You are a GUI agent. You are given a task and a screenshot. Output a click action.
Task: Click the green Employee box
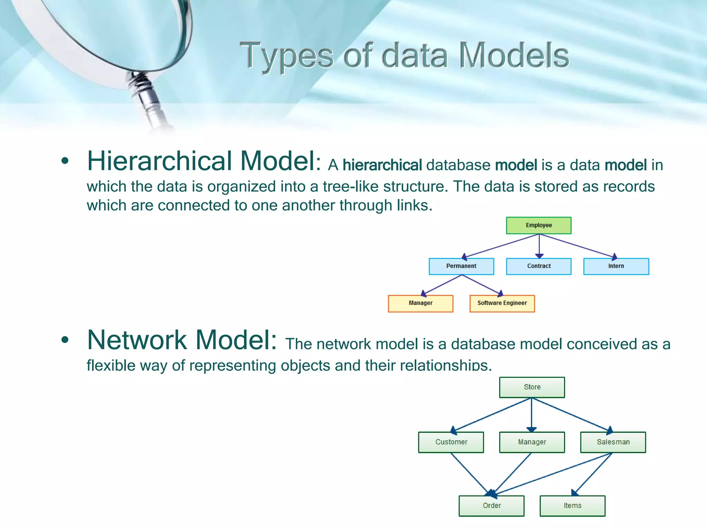[539, 225]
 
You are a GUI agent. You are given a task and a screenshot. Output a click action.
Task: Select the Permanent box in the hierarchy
[461, 266]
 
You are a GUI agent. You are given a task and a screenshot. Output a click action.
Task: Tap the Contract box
[539, 266]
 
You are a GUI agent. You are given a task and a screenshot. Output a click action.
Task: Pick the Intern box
[616, 266]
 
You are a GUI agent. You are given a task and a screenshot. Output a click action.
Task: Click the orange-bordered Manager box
[420, 303]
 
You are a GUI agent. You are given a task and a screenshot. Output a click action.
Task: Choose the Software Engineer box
[502, 303]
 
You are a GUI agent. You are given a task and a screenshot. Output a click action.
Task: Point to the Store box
[532, 387]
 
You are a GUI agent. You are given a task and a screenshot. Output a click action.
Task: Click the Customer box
[451, 442]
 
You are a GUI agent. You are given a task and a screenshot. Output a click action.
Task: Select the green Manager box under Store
[532, 442]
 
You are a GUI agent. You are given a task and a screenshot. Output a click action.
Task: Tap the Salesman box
[613, 442]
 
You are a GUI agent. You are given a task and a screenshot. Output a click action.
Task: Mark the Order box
[492, 506]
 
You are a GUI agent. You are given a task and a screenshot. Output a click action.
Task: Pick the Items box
[572, 506]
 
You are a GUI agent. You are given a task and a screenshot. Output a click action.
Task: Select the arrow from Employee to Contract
[539, 246]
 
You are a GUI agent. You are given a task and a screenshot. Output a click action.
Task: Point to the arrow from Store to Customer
[492, 415]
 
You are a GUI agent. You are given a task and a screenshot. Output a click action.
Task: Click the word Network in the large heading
[137, 340]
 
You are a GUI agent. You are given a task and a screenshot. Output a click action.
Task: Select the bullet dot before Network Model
[65, 340]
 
